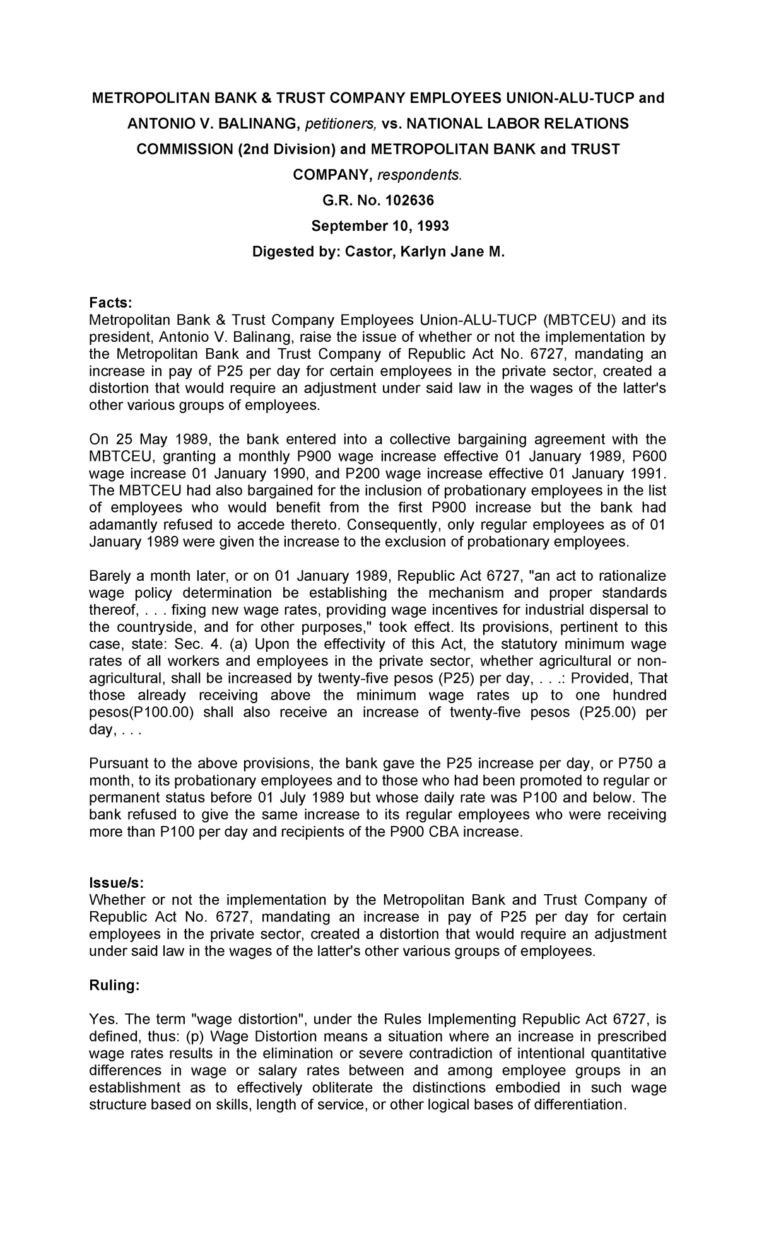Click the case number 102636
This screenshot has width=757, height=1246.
click(404, 201)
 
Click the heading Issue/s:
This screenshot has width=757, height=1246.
click(117, 882)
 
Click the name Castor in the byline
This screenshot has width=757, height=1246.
click(364, 252)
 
